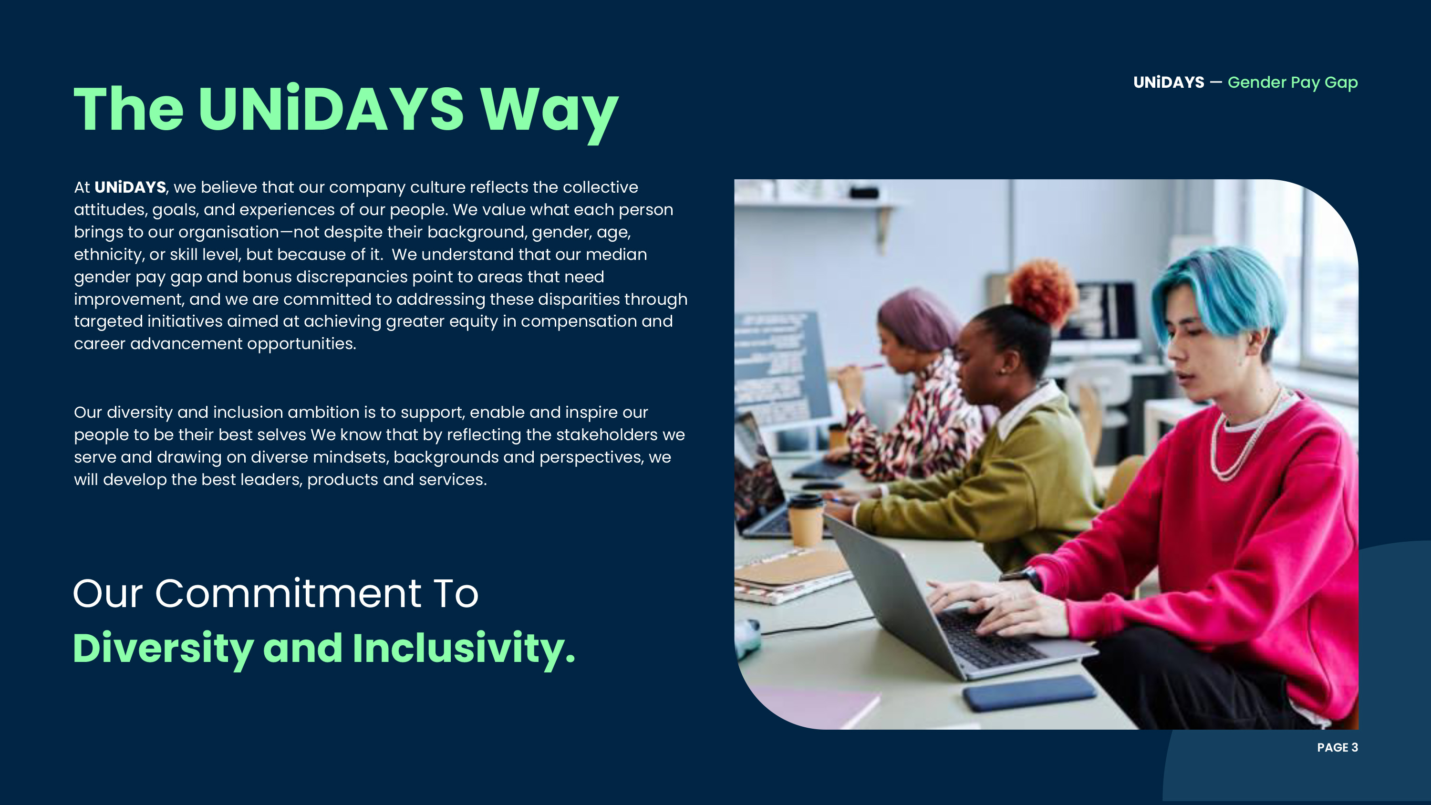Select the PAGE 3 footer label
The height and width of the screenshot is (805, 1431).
1337,747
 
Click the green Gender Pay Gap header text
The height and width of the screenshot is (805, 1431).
1293,83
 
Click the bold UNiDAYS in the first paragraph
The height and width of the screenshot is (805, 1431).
130,187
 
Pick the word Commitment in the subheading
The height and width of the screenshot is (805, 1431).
288,593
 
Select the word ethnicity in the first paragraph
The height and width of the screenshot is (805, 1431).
109,255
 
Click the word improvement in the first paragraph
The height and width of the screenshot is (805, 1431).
129,299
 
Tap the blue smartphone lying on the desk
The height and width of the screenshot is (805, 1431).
1029,692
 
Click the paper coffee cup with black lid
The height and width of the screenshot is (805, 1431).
806,521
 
